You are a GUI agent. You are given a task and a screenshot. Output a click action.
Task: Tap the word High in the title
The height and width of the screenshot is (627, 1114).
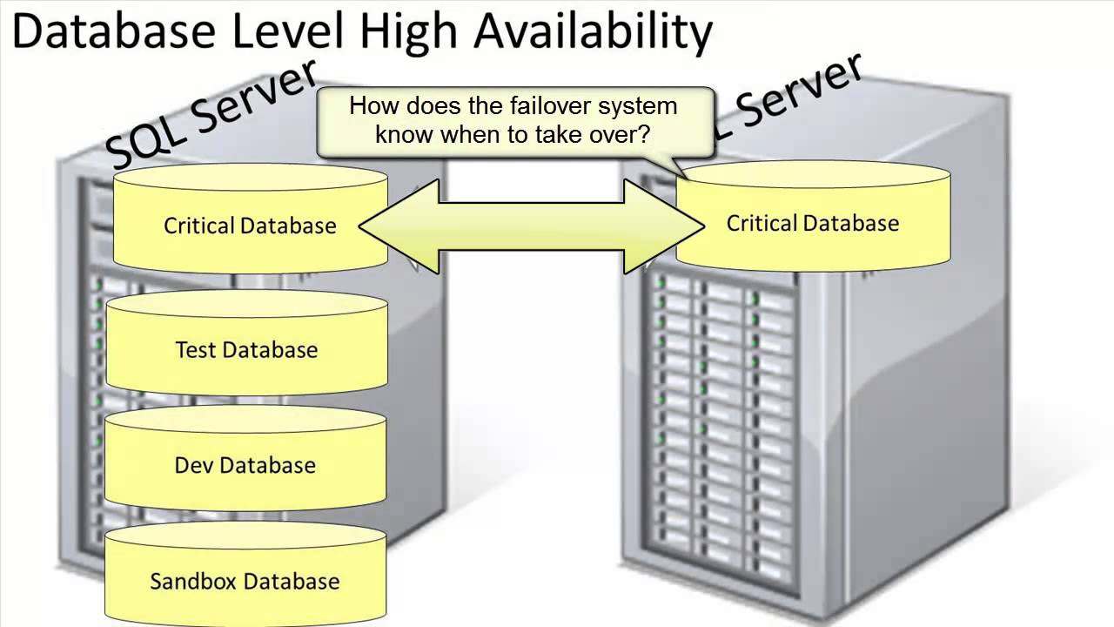pyautogui.click(x=413, y=32)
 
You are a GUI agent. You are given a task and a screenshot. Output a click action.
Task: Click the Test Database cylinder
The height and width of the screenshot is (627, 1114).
pyautogui.click(x=246, y=350)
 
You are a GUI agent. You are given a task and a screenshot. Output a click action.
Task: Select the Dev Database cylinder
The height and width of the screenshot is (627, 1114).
pyautogui.click(x=245, y=465)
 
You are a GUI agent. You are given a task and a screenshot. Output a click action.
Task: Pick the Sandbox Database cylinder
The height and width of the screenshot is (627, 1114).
pyautogui.click(x=245, y=581)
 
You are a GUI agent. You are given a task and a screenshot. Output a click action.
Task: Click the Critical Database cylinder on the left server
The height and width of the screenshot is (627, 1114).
pyautogui.click(x=250, y=226)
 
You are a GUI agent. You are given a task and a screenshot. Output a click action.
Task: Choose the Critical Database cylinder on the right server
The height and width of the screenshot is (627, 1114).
pyautogui.click(x=813, y=223)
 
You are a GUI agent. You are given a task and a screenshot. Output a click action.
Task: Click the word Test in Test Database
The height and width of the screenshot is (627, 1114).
pyautogui.click(x=196, y=350)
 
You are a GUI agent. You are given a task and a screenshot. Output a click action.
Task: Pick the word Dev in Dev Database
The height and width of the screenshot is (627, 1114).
pyautogui.click(x=193, y=465)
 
